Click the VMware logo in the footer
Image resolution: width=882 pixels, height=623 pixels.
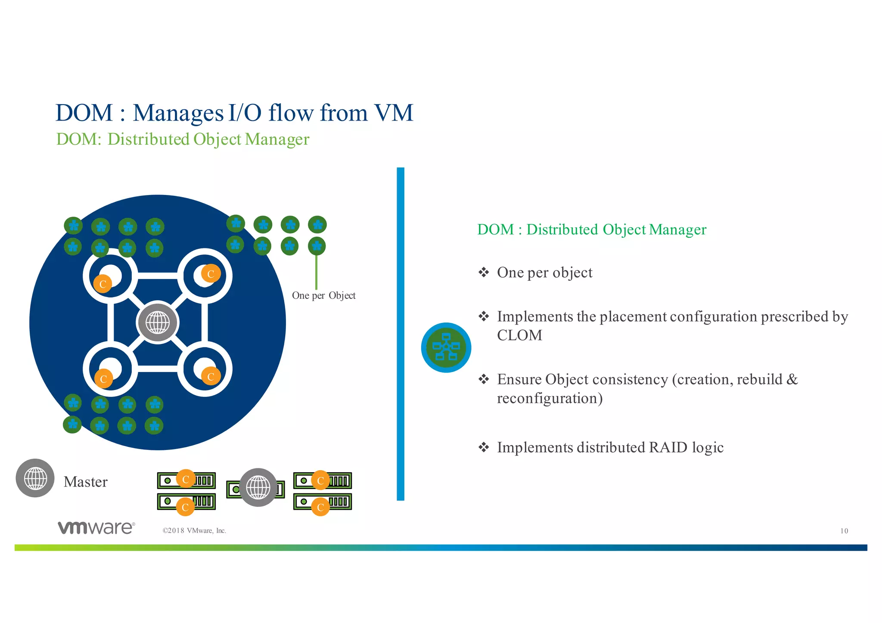[x=96, y=527]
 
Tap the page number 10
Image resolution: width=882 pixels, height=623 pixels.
[x=844, y=531]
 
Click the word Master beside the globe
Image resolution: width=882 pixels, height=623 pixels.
[x=85, y=482]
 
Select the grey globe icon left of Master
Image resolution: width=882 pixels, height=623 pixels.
[x=35, y=478]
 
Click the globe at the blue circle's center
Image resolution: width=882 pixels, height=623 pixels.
[x=158, y=322]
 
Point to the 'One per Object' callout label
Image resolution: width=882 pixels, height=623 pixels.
[x=323, y=296]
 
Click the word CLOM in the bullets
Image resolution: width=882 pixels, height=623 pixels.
[x=519, y=335]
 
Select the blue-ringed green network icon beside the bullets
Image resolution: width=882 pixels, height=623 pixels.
[x=446, y=347]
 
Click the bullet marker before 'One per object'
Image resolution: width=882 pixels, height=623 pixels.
[x=484, y=273]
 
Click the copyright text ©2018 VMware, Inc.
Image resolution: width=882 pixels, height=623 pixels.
[x=194, y=531]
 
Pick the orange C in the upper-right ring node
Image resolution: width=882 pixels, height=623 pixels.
[x=211, y=274]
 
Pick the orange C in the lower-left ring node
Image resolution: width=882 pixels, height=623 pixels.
[x=103, y=379]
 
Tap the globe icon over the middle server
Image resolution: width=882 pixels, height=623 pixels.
[x=258, y=487]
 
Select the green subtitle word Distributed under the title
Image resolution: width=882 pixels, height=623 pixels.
[x=148, y=139]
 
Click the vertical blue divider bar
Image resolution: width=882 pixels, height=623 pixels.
[x=401, y=334]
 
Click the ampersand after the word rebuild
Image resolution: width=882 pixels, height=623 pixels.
[x=792, y=380]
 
